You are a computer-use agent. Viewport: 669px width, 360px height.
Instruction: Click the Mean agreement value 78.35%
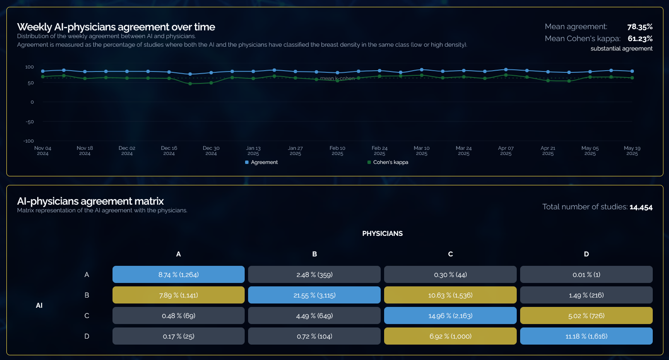(639, 27)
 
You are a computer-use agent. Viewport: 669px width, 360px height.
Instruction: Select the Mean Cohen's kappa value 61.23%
(640, 39)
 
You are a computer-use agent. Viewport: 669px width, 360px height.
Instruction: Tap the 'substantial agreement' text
(621, 49)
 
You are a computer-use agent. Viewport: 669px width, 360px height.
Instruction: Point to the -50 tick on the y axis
(30, 122)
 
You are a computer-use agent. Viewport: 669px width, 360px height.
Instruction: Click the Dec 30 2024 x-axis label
(211, 151)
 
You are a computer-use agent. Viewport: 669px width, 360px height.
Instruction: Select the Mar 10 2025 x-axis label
(421, 151)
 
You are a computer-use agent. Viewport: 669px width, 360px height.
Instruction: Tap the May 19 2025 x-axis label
(632, 151)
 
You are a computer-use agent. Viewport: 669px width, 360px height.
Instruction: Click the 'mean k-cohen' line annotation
(337, 79)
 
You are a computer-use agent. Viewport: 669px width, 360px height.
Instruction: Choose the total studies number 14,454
(641, 207)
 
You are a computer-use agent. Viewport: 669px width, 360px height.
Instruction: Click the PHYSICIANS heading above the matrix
(382, 234)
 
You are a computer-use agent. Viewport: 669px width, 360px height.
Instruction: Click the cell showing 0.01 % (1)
(586, 275)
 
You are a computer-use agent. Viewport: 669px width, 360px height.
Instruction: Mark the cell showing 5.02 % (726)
(586, 316)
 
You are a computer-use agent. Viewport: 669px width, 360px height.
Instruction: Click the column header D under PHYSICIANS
(586, 254)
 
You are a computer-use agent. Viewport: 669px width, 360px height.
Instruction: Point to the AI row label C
(87, 316)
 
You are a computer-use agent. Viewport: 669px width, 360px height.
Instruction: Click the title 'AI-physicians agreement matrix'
(90, 201)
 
